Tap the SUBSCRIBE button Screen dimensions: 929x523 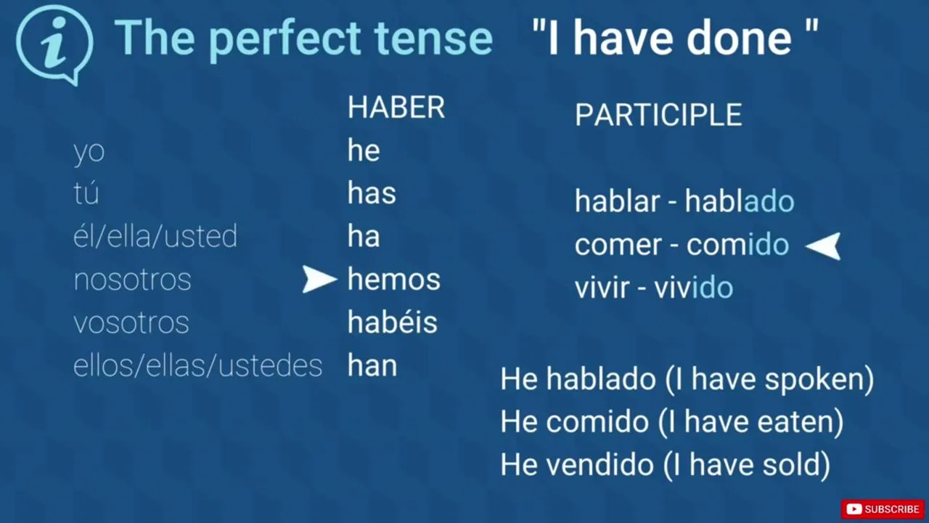point(883,509)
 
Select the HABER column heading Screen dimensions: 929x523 point(396,107)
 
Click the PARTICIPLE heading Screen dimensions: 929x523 point(658,115)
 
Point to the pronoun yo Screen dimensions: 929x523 point(89,152)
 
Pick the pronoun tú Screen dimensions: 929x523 point(86,192)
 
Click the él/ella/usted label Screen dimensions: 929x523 point(155,236)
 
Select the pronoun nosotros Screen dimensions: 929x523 point(132,280)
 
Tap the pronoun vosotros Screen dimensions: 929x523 point(131,323)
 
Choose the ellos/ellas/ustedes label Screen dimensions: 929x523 point(198,365)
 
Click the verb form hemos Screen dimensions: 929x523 point(394,279)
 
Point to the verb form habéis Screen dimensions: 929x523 point(393,322)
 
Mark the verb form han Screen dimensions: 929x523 point(372,365)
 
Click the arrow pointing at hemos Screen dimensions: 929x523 point(319,279)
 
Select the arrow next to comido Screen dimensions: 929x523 point(823,246)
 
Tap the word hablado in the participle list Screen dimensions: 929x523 point(740,201)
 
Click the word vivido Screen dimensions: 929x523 point(694,288)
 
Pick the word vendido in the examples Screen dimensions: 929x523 point(599,464)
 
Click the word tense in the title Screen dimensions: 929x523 point(433,38)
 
